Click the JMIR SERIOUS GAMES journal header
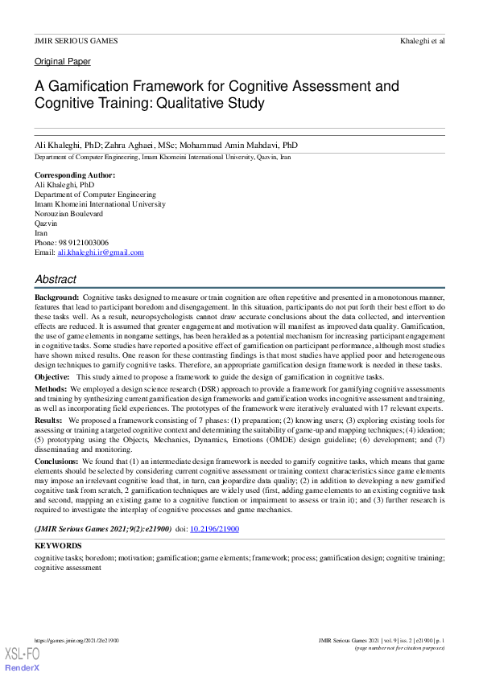point(76,40)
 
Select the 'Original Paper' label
point(62,62)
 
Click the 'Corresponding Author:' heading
point(75,174)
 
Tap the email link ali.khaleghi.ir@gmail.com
point(101,252)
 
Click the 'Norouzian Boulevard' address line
point(68,214)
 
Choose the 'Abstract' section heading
point(56,280)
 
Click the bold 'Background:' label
point(56,297)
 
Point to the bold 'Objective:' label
point(52,377)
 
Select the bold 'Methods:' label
point(51,388)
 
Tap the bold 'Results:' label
point(49,420)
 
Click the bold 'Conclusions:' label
point(57,462)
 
